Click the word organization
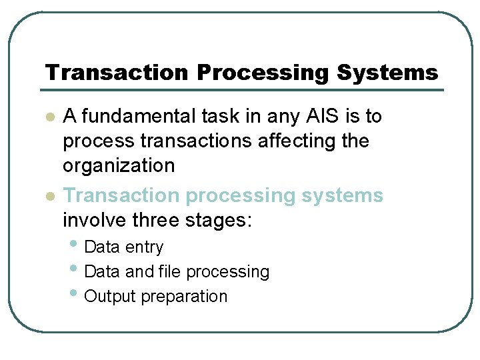(x=119, y=166)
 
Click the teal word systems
(x=343, y=195)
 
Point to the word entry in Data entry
(x=144, y=247)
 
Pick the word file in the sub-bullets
(x=170, y=272)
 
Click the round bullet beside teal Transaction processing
(x=49, y=197)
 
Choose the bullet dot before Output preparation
(x=74, y=295)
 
